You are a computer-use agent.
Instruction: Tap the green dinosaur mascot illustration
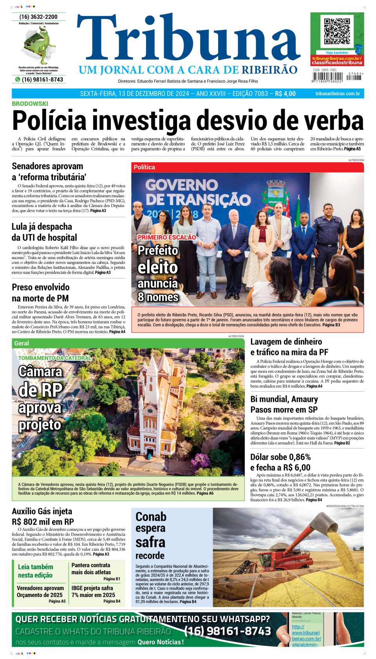click(x=40, y=45)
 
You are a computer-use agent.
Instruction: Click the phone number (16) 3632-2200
click(x=38, y=17)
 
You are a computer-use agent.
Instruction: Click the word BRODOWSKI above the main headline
click(x=30, y=103)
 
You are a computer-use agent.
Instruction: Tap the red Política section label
click(x=145, y=167)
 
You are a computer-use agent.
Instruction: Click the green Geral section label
click(x=22, y=343)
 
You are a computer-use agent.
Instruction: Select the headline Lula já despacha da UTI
click(x=44, y=232)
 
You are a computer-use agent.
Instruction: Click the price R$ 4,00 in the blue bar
click(x=285, y=94)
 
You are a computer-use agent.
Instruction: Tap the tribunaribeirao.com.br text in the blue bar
click(x=337, y=94)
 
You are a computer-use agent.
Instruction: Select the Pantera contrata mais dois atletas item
click(x=91, y=568)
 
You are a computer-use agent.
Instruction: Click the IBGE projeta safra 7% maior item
click(x=93, y=591)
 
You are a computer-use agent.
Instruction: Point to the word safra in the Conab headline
click(x=150, y=542)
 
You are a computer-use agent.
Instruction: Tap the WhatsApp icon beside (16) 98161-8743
click(x=18, y=79)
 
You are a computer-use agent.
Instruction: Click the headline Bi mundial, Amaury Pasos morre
click(x=284, y=404)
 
